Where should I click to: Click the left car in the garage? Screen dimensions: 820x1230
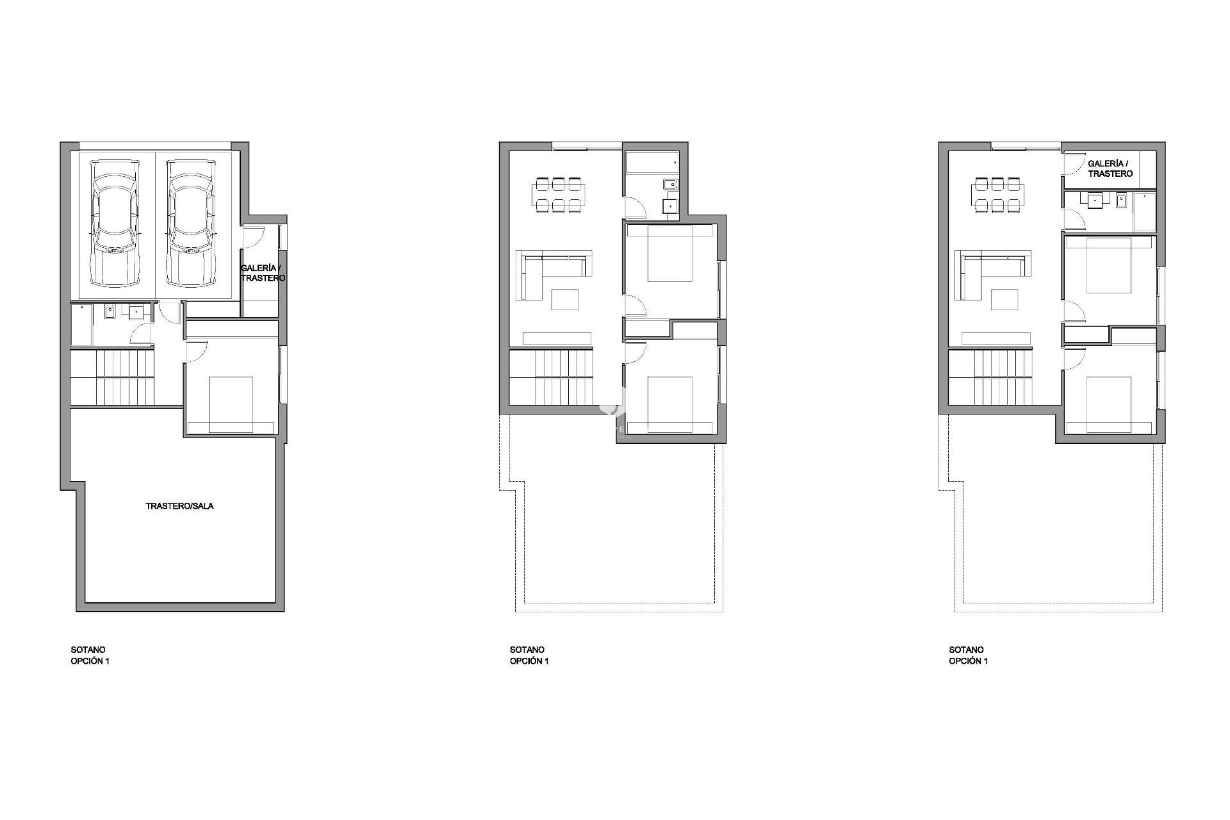click(115, 223)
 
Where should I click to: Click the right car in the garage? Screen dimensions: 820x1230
click(190, 223)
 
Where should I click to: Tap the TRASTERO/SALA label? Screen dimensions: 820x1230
click(179, 506)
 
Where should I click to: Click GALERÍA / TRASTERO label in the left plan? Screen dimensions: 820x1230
click(263, 274)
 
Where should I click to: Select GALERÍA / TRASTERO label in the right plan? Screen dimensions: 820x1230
click(1110, 168)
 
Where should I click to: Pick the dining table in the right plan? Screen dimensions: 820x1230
click(997, 195)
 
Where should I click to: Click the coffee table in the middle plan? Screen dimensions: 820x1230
click(565, 300)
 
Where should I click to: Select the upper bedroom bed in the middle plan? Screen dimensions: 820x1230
click(670, 254)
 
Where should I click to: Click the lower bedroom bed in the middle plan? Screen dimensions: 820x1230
click(670, 405)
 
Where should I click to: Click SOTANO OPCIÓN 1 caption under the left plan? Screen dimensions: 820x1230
click(90, 655)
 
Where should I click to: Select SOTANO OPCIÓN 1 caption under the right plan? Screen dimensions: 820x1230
click(968, 655)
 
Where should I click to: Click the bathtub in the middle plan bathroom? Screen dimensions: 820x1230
click(653, 163)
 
